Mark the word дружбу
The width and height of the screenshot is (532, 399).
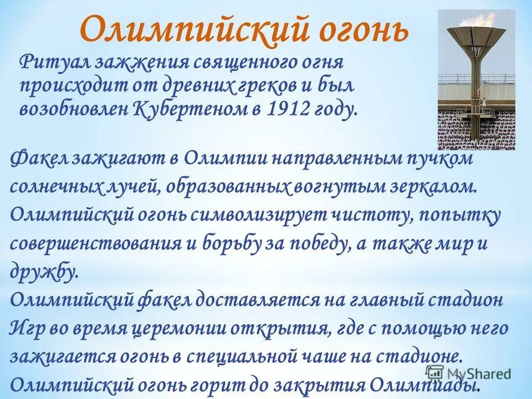[42, 272]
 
